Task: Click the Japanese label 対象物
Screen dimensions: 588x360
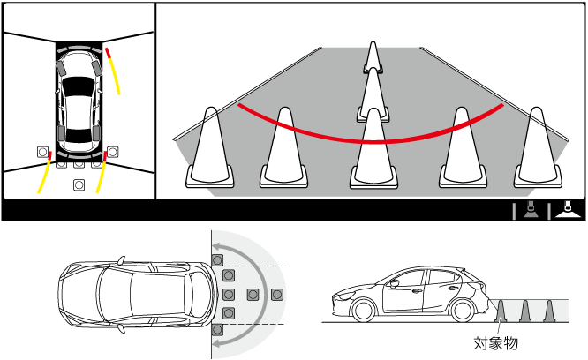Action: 495,343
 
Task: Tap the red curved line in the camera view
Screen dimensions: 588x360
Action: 371,141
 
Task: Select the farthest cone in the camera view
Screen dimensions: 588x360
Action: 373,57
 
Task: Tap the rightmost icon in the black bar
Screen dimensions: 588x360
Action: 569,210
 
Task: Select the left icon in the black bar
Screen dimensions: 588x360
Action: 531,210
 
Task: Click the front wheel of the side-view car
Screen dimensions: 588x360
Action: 364,310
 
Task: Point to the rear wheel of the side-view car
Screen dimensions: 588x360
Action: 464,310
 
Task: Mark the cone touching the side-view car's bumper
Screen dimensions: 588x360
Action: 501,311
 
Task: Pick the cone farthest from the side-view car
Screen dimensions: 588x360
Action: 549,311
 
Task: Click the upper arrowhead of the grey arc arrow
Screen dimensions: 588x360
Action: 217,246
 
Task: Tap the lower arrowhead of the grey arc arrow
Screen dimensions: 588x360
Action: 217,343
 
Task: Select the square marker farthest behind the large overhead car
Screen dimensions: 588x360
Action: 276,295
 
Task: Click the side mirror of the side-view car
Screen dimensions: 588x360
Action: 394,283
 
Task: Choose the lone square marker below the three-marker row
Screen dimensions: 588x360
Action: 79,184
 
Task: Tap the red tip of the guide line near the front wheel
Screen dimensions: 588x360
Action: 108,53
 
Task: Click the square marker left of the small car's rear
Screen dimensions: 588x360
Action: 42,152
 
